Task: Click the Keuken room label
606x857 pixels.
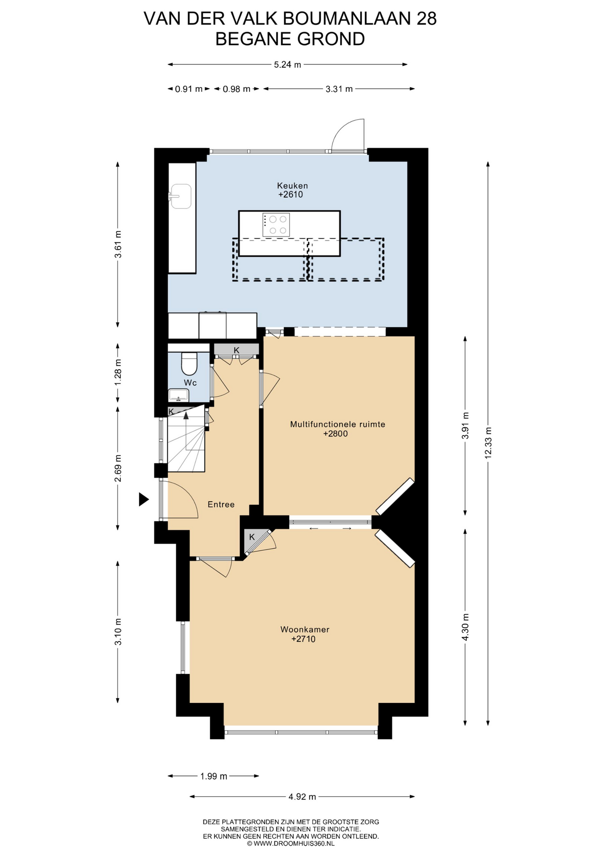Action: pyautogui.click(x=292, y=185)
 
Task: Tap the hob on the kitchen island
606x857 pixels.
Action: pyautogui.click(x=276, y=225)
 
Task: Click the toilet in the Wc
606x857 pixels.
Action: pyautogui.click(x=189, y=363)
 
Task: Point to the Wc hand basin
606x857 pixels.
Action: pyautogui.click(x=178, y=395)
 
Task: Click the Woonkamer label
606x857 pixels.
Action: pyautogui.click(x=305, y=629)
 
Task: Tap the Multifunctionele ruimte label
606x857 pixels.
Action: pyautogui.click(x=337, y=424)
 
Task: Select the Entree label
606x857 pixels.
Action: pyautogui.click(x=221, y=504)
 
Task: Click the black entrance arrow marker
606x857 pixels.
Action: pyautogui.click(x=143, y=499)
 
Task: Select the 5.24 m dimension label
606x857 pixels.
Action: pyautogui.click(x=287, y=65)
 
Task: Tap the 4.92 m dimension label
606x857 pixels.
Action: pyautogui.click(x=302, y=797)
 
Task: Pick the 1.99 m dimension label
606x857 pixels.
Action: pyautogui.click(x=214, y=776)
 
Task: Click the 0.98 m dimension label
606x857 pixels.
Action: pyautogui.click(x=237, y=89)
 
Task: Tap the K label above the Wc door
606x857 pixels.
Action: pyautogui.click(x=237, y=350)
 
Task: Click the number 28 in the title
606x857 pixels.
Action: pyautogui.click(x=426, y=19)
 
